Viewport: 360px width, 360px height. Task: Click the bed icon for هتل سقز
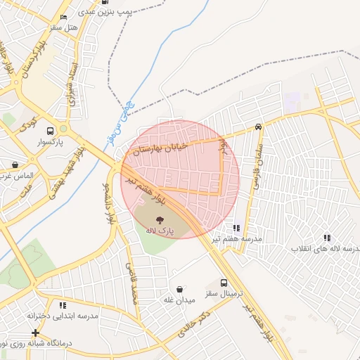65,17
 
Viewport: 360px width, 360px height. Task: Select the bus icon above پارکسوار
50,131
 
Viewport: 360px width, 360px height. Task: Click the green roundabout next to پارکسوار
64,129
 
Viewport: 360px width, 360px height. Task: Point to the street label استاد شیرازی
70,82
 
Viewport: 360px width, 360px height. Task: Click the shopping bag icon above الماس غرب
15,165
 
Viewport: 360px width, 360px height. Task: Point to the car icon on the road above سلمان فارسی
259,127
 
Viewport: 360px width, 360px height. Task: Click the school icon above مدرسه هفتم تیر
236,228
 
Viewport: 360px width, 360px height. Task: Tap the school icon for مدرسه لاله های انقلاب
327,238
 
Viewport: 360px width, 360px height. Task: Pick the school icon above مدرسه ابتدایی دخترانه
63,305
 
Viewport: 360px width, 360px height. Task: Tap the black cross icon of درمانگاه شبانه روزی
35,332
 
